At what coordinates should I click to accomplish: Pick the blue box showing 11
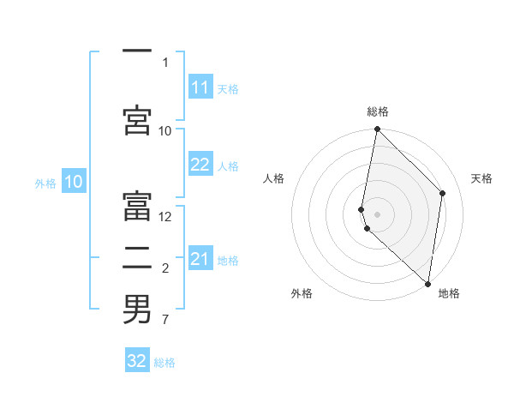(x=200, y=87)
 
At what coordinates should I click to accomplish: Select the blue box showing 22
(x=200, y=165)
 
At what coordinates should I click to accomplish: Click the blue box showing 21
(x=200, y=259)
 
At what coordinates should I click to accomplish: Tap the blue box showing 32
(x=137, y=361)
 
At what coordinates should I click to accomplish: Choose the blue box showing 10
(x=74, y=182)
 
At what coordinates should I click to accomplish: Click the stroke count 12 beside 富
(x=165, y=217)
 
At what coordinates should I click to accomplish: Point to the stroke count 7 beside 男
(x=164, y=320)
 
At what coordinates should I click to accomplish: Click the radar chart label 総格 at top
(x=377, y=111)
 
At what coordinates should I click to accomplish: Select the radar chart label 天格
(x=481, y=178)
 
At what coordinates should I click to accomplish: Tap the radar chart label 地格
(x=449, y=293)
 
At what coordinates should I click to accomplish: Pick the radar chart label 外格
(x=302, y=293)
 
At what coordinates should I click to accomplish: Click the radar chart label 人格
(x=273, y=178)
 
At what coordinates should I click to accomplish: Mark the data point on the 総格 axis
(x=377, y=129)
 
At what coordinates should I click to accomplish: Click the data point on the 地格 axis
(x=427, y=283)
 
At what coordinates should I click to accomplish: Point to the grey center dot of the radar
(x=377, y=214)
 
